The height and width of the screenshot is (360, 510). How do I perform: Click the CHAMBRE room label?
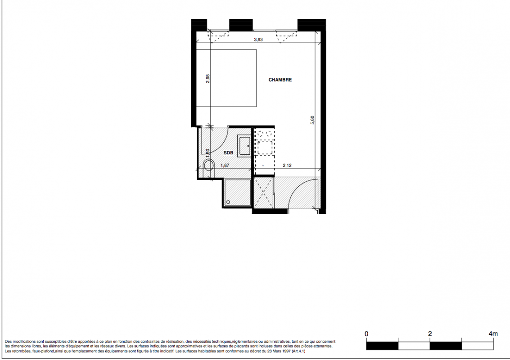pos(280,80)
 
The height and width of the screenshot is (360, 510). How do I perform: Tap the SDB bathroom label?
pos(228,153)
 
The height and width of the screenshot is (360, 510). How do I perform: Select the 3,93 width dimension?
pos(258,40)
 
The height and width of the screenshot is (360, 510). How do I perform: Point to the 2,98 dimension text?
pos(208,79)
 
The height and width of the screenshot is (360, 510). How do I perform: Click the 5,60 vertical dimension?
pos(312,120)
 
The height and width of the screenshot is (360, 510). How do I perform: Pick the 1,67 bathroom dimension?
pos(225,166)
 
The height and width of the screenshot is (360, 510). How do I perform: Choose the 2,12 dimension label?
pos(287,166)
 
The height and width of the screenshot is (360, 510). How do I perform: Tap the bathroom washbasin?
pos(244,146)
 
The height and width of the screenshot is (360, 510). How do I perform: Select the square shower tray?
pos(237,192)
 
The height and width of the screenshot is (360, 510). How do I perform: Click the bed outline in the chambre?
pos(226,78)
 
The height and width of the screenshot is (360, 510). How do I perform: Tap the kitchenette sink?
pos(265,147)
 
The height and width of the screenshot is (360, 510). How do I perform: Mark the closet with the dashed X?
pos(263,192)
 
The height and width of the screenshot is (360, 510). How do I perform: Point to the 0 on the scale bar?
pos(366,334)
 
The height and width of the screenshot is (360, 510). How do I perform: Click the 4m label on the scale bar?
pos(493,334)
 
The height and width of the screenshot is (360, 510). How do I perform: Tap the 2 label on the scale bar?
pos(430,334)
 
